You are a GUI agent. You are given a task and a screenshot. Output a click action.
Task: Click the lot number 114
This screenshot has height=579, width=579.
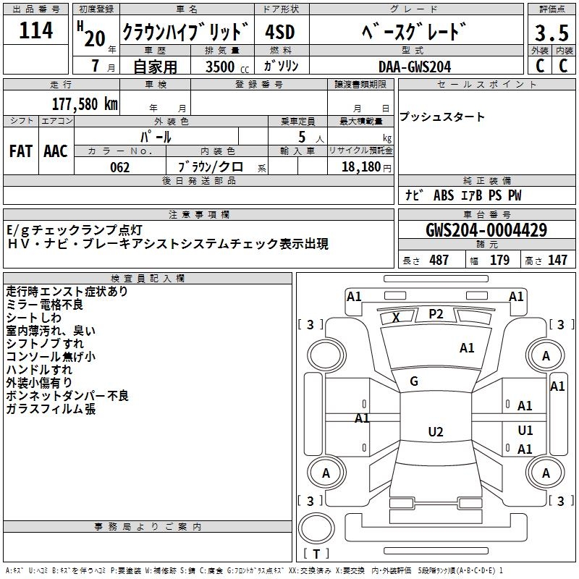[36, 31]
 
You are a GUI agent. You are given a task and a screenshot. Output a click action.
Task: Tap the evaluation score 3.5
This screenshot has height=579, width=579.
[551, 33]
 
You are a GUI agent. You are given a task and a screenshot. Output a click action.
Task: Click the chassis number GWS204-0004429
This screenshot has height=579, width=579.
[486, 231]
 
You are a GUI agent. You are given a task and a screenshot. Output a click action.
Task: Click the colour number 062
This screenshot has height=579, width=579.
[119, 167]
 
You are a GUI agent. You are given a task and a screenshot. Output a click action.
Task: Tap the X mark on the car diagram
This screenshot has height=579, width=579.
[396, 317]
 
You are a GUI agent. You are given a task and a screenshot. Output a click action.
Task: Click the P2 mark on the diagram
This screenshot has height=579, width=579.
[436, 313]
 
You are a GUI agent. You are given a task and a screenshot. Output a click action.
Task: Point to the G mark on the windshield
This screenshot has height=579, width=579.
[414, 381]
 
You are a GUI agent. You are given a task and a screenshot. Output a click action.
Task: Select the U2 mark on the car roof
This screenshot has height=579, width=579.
[435, 432]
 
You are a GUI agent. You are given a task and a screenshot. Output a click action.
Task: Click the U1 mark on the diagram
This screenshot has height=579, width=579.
[525, 431]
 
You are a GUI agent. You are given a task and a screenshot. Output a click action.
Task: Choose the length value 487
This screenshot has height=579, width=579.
[439, 261]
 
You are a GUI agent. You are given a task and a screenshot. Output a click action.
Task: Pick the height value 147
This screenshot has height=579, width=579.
[557, 261]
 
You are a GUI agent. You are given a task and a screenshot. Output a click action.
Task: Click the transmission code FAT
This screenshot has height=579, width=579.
[21, 151]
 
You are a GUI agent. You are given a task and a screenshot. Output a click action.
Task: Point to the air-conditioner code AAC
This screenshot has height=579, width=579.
[56, 151]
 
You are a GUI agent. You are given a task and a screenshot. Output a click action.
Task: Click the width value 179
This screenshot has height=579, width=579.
[499, 261]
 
